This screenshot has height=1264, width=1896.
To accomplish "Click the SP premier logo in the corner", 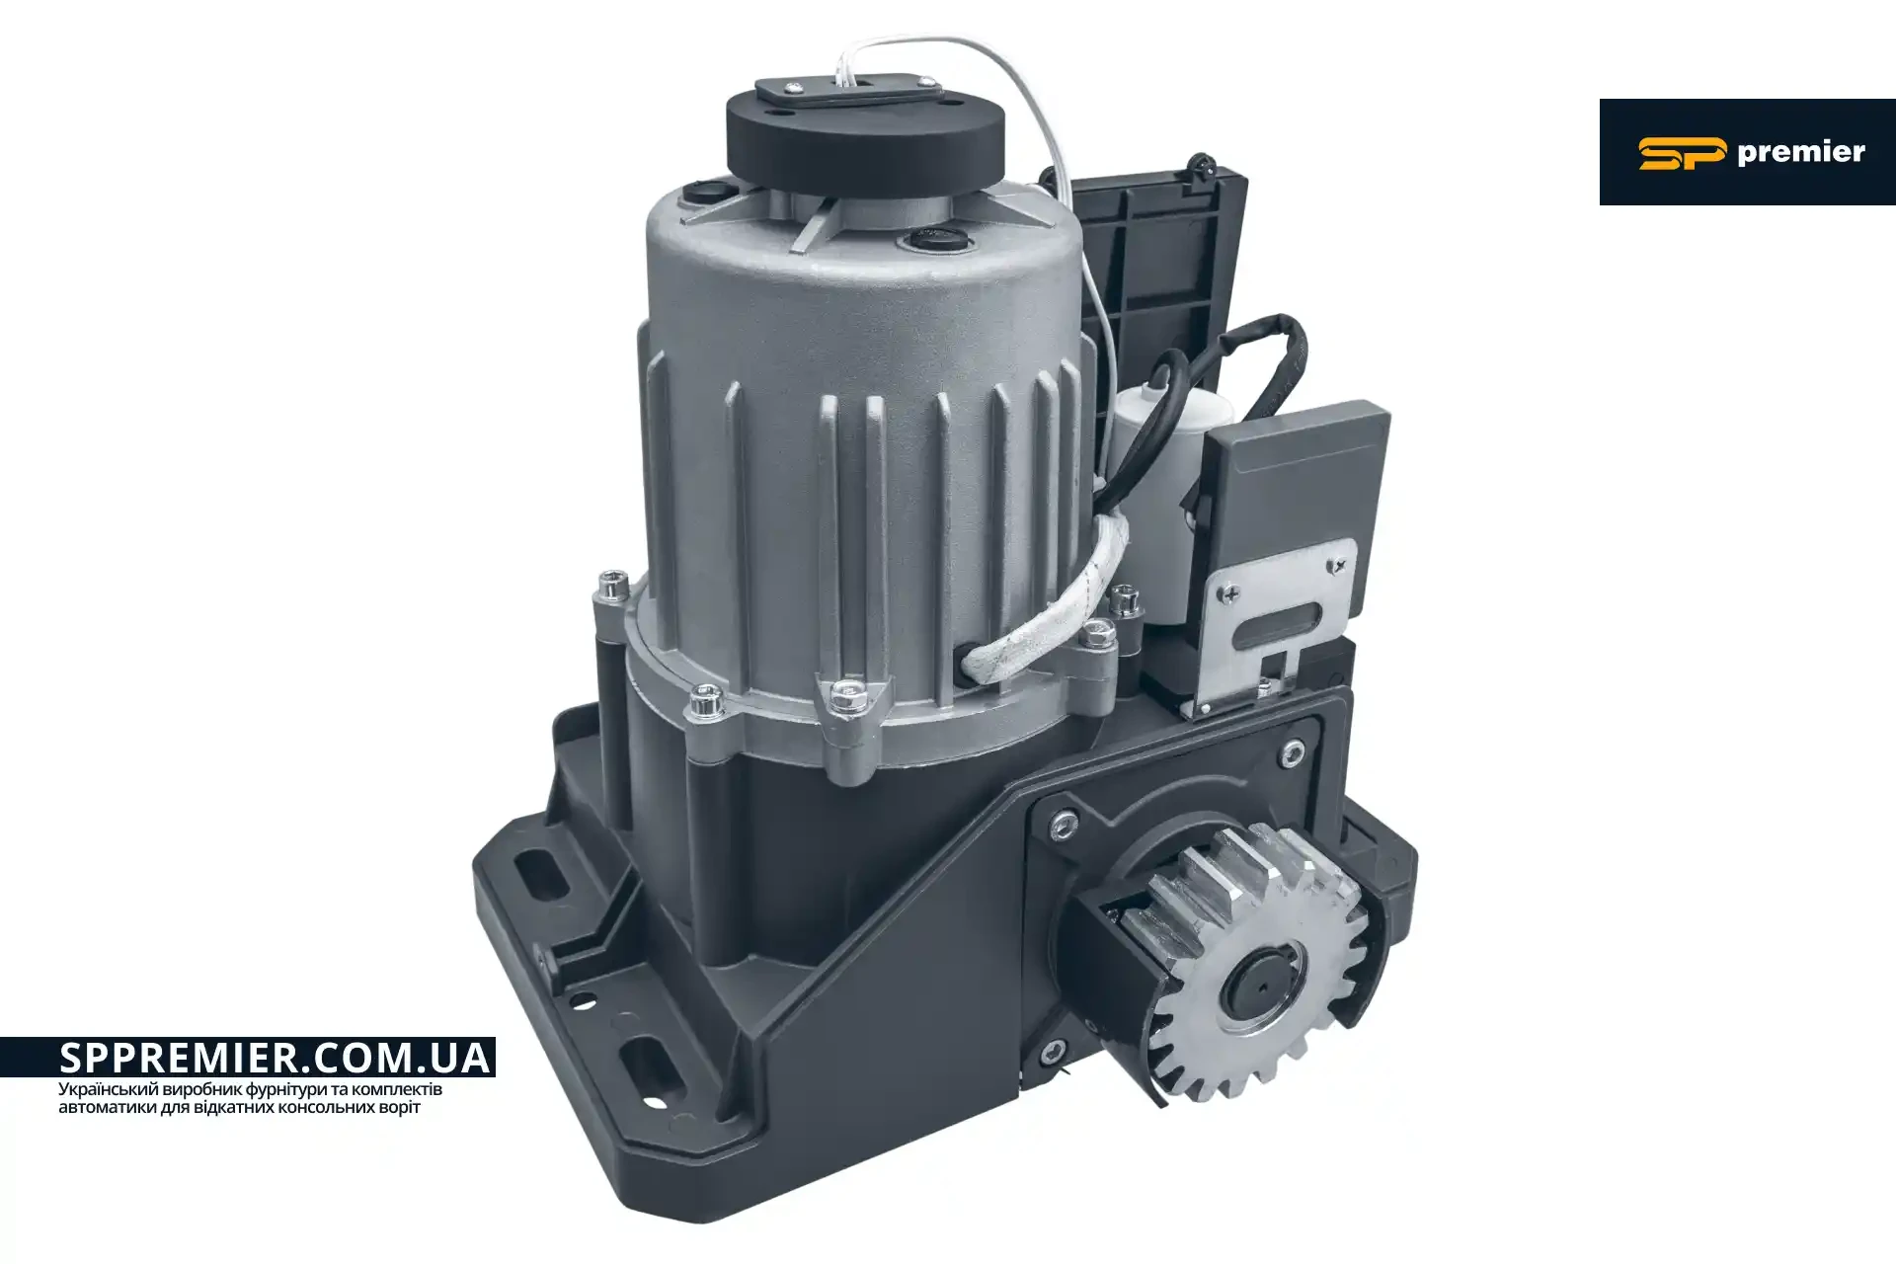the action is coord(1747,152).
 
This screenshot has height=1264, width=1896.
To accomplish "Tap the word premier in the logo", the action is coord(1800,153).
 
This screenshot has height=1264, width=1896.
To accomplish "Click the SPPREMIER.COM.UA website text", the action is coord(275,1058).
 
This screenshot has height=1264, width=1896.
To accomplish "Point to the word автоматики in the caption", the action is coord(108,1107).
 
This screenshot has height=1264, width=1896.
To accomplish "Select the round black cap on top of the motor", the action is coord(865,138).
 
